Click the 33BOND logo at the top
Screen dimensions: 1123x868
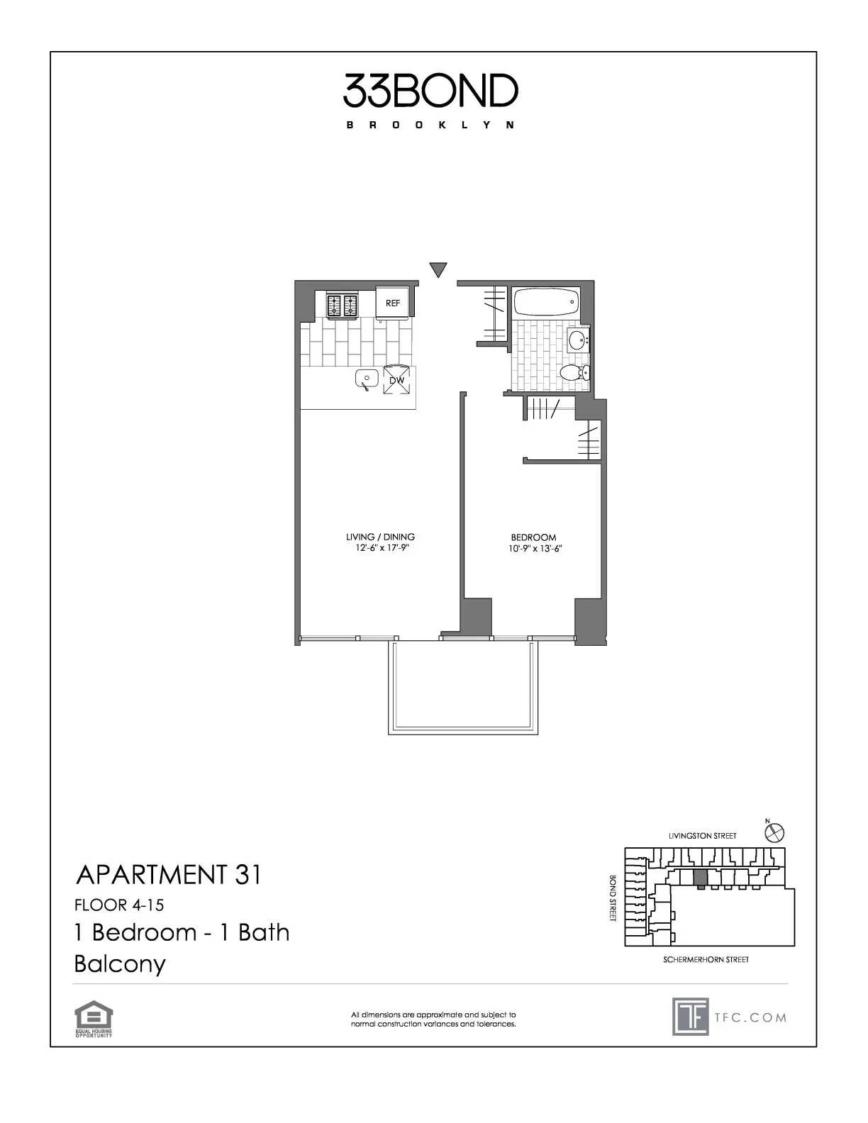(431, 91)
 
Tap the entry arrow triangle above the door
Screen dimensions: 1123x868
(439, 269)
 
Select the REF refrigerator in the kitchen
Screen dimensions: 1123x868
(393, 303)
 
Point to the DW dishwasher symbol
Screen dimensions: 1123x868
(396, 380)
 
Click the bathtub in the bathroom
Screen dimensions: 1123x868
(545, 303)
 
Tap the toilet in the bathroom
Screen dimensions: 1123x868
(572, 372)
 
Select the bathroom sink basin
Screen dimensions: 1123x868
(579, 339)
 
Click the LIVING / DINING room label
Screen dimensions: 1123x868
(380, 537)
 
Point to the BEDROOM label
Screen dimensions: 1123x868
(533, 537)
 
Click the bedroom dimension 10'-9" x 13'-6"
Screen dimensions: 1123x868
(533, 548)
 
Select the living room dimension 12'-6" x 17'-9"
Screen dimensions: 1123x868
(380, 547)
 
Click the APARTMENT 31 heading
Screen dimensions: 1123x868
(168, 875)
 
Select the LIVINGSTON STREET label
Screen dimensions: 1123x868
(702, 836)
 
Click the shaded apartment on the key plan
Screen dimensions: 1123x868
(700, 878)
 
